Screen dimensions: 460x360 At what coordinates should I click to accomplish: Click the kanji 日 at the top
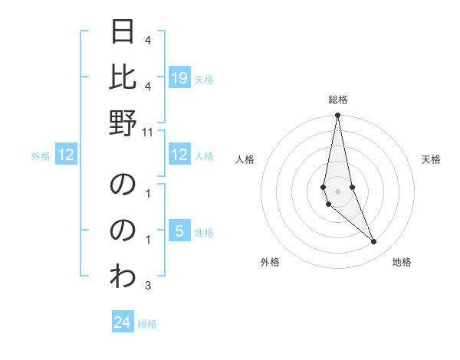(x=123, y=33)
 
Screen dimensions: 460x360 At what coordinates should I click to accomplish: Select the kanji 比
(x=123, y=77)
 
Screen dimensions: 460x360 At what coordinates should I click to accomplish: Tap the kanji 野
(x=123, y=122)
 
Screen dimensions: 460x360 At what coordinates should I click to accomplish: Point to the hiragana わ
(x=123, y=274)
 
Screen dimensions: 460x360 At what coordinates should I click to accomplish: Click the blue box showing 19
(x=179, y=78)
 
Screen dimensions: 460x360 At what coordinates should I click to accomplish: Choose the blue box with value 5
(x=179, y=231)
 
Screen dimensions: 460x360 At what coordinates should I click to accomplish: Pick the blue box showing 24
(x=123, y=322)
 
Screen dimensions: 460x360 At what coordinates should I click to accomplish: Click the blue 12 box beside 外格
(x=67, y=155)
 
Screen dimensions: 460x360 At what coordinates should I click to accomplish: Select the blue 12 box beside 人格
(x=179, y=155)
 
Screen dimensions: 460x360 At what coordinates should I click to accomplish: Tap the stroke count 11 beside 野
(x=149, y=132)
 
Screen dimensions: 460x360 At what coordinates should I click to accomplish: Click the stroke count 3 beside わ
(x=148, y=286)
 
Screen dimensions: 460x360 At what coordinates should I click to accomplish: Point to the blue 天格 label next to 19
(x=204, y=79)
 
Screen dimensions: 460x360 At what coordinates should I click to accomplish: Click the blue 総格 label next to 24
(x=147, y=324)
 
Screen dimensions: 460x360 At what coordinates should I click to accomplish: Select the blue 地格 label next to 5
(x=204, y=232)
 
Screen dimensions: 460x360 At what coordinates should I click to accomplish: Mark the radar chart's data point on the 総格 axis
(x=337, y=116)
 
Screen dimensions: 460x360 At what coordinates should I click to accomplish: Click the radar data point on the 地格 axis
(x=373, y=242)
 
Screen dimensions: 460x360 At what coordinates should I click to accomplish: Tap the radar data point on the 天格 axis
(x=352, y=187)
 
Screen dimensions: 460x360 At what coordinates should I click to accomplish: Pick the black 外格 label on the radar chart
(x=270, y=263)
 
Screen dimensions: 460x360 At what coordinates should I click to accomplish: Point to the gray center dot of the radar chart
(x=337, y=191)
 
